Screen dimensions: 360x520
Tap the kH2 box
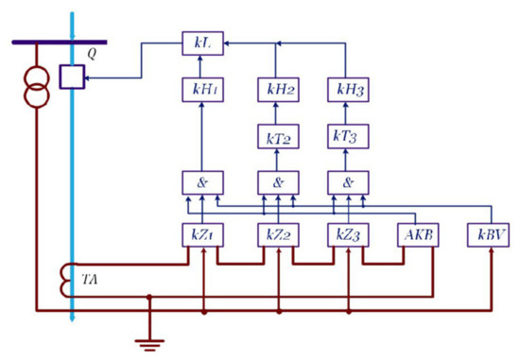278,91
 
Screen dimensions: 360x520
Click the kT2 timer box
278,137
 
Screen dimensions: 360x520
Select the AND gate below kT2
278,183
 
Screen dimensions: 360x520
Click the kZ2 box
278,233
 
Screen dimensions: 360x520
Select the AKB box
416,233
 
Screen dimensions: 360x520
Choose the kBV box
489,233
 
